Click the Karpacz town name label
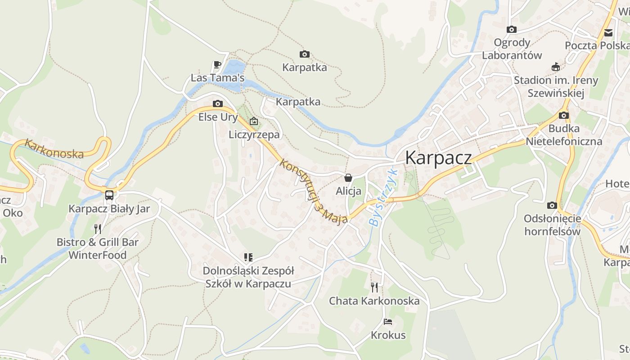438,158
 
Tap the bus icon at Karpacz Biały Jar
109,195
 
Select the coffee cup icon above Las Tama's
217,64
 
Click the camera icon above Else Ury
218,104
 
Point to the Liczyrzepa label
254,135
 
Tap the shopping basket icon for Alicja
348,178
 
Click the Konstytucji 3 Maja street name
313,191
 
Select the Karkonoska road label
54,148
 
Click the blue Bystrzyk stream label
382,197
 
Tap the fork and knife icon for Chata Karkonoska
374,287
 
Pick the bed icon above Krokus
388,322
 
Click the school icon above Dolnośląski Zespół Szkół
248,257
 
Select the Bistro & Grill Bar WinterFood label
97,248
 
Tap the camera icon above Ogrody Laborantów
511,30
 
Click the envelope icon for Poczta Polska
608,32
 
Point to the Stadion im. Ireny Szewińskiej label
556,86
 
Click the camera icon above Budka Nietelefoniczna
563,116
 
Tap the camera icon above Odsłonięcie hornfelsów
552,206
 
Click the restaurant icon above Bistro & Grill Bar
97,229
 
